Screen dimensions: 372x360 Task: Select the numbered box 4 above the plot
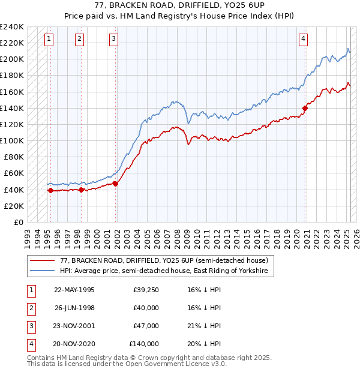(304, 40)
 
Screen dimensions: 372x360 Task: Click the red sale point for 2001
(116, 184)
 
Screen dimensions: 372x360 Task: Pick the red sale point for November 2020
(305, 108)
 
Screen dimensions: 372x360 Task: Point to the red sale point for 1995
(50, 190)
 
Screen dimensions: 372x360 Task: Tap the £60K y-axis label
(14, 173)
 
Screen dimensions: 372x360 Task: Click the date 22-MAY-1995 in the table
(74, 290)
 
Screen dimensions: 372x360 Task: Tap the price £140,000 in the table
(144, 344)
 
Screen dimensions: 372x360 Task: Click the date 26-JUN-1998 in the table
(74, 308)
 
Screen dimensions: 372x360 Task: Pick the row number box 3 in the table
(31, 326)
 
